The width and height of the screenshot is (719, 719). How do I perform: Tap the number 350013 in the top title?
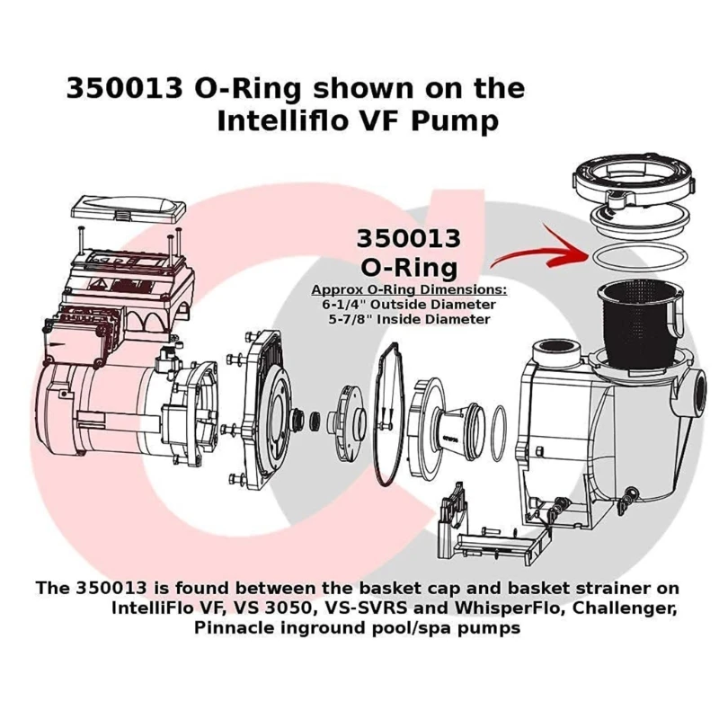click(x=125, y=89)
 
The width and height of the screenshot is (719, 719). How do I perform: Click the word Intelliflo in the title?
click(x=287, y=121)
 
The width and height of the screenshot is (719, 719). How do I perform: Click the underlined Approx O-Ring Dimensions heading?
click(x=409, y=290)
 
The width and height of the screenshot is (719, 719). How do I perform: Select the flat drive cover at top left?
click(x=136, y=209)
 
